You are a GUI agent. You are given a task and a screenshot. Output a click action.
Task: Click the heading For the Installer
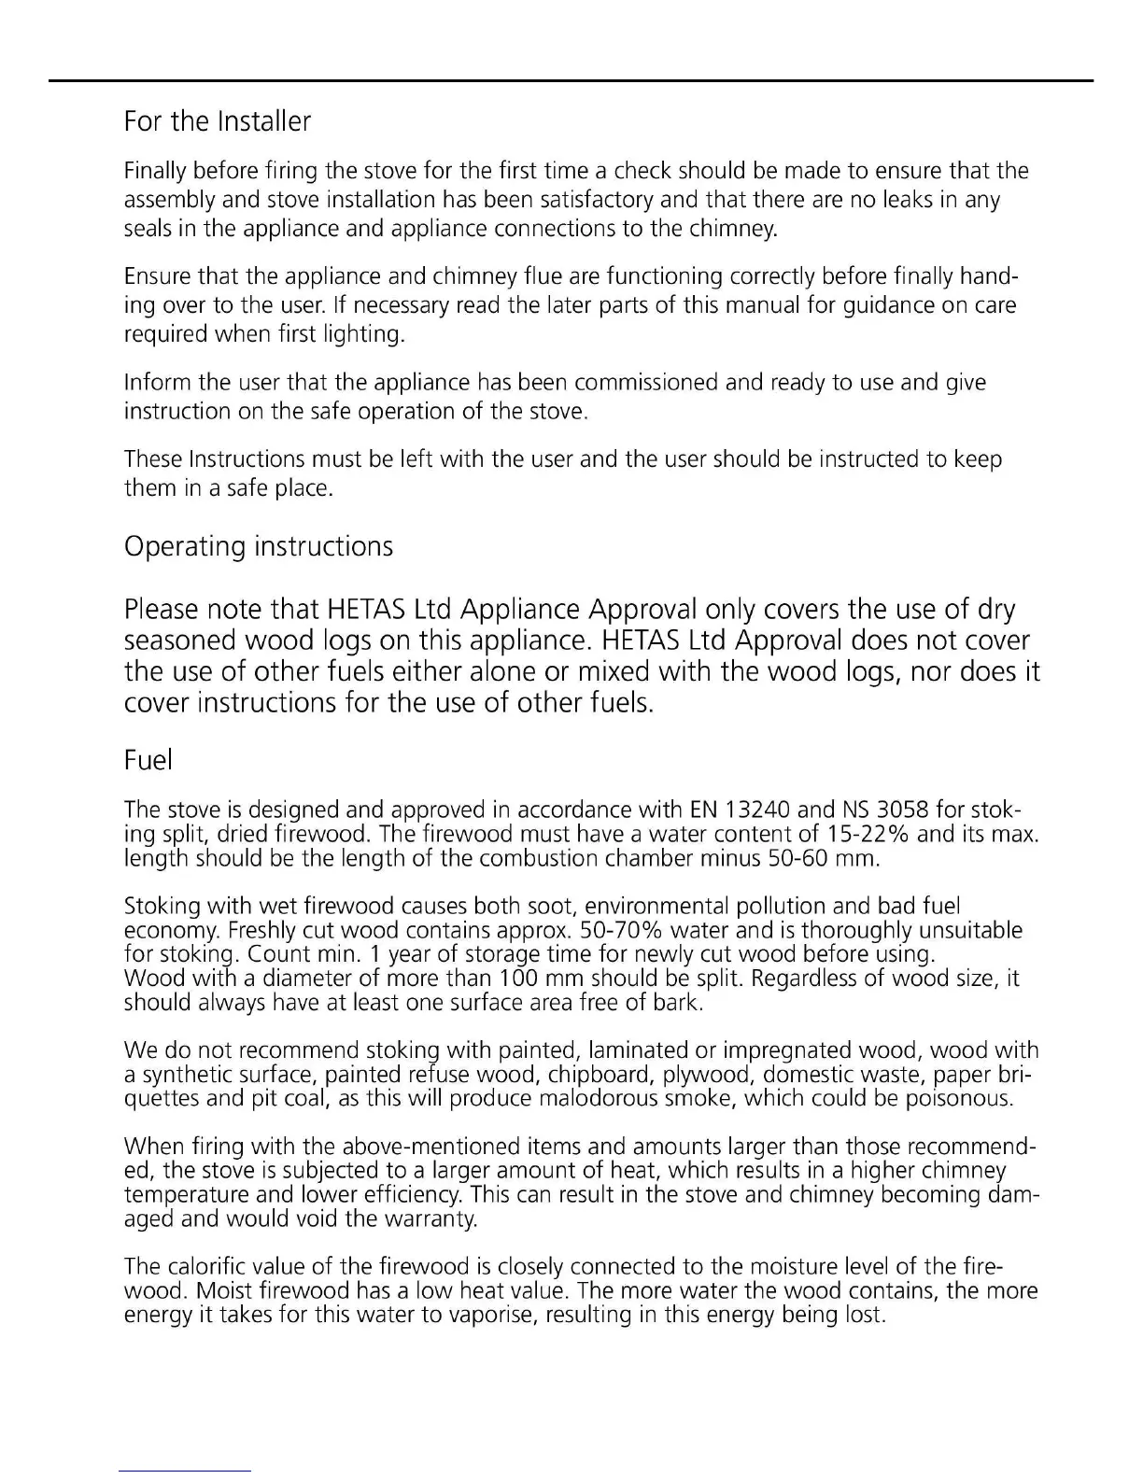pyautogui.click(x=217, y=121)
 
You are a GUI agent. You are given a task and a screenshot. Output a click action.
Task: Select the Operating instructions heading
pyautogui.click(x=258, y=546)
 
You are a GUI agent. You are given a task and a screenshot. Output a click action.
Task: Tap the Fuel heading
pyautogui.click(x=148, y=760)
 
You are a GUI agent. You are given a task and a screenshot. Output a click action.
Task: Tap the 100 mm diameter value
pyautogui.click(x=527, y=979)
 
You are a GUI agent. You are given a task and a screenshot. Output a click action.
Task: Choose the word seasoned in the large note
pyautogui.click(x=179, y=641)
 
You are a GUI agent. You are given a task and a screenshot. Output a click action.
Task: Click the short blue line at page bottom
pyautogui.click(x=185, y=1471)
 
